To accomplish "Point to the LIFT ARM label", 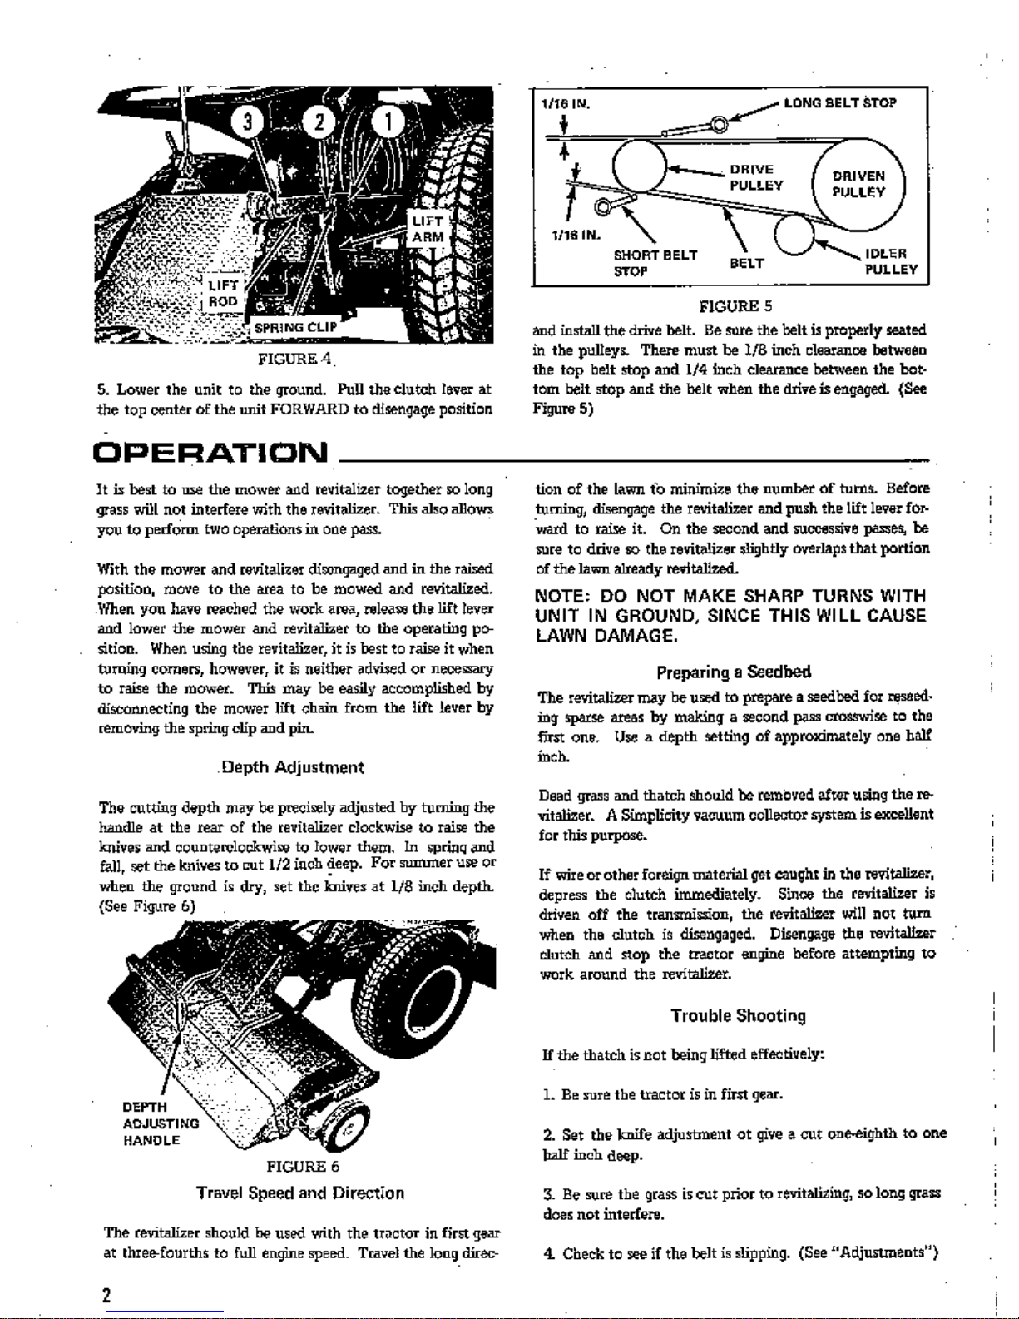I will [428, 229].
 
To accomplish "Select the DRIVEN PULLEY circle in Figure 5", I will [858, 185].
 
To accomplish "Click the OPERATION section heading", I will [212, 454].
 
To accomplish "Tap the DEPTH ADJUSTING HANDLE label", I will [160, 1123].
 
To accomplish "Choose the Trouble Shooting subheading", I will [738, 1015].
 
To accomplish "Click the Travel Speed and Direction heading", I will [300, 1193].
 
